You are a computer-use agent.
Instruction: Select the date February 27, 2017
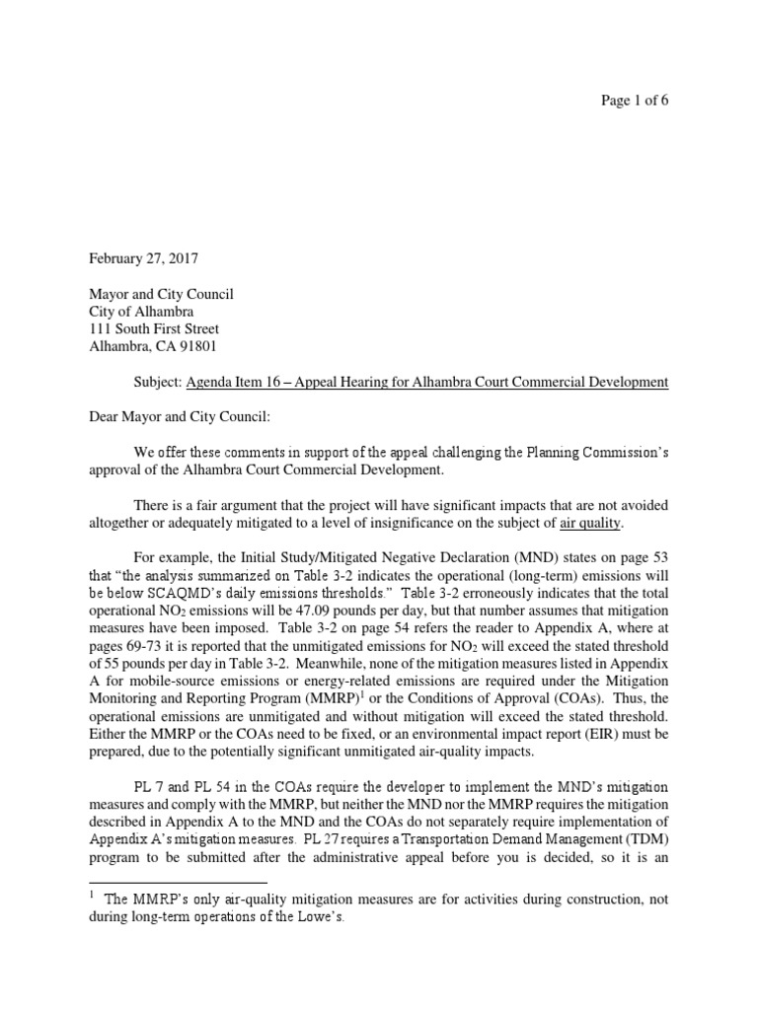143,259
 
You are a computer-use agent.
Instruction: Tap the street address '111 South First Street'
154,328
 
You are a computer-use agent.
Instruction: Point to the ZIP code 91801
196,346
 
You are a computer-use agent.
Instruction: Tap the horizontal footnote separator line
178,881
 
